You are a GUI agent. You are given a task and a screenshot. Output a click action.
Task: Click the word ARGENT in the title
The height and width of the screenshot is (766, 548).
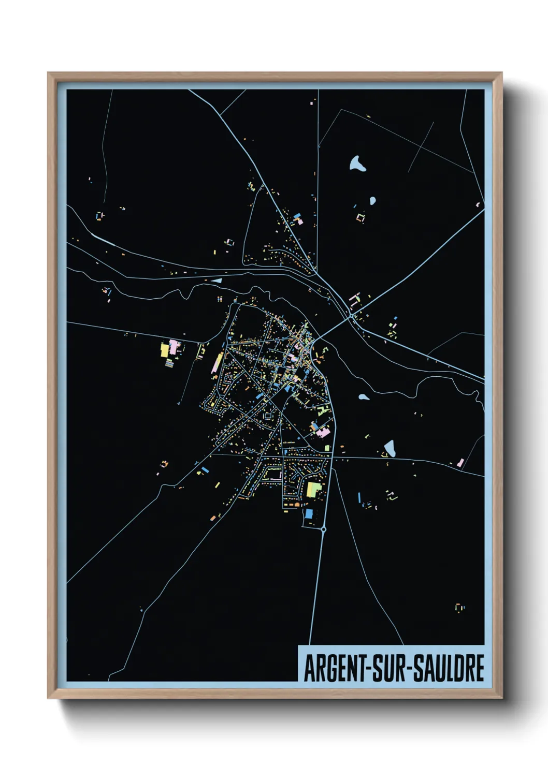pyautogui.click(x=335, y=668)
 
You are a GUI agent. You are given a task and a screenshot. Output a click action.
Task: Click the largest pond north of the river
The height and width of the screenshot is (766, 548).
pyautogui.click(x=357, y=164)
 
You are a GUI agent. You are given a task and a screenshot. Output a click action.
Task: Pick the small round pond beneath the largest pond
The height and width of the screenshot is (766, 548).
pyautogui.click(x=372, y=200)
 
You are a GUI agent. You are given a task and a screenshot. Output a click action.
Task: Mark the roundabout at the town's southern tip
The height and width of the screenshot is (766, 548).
pyautogui.click(x=324, y=529)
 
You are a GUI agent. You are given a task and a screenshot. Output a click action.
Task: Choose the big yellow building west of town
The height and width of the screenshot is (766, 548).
pyautogui.click(x=165, y=350)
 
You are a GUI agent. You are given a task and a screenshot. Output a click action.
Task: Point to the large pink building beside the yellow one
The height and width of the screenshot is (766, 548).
pyautogui.click(x=174, y=347)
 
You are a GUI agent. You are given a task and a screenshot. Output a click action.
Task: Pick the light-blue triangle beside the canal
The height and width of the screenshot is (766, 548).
pyautogui.click(x=217, y=281)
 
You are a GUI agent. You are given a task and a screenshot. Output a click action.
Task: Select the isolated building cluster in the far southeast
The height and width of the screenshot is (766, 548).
pyautogui.click(x=459, y=607)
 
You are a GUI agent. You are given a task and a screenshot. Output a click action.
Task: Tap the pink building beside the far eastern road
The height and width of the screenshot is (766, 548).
pyautogui.click(x=460, y=463)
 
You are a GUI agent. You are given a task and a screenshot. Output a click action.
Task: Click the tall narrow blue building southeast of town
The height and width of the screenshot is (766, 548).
pyautogui.click(x=359, y=497)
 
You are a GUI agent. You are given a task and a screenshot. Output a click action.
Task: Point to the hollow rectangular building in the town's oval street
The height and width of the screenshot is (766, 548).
pyautogui.click(x=268, y=415)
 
